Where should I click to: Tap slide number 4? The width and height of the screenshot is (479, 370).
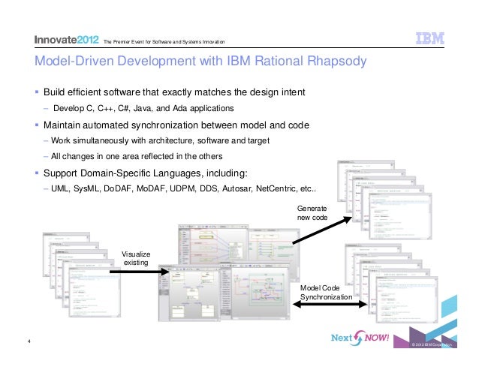pyautogui.click(x=28, y=344)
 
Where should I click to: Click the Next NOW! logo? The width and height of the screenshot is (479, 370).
pyautogui.click(x=361, y=338)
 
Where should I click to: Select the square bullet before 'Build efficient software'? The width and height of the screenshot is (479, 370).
pyautogui.click(x=36, y=93)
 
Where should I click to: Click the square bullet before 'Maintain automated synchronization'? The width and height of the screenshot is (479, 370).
pyautogui.click(x=36, y=125)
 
